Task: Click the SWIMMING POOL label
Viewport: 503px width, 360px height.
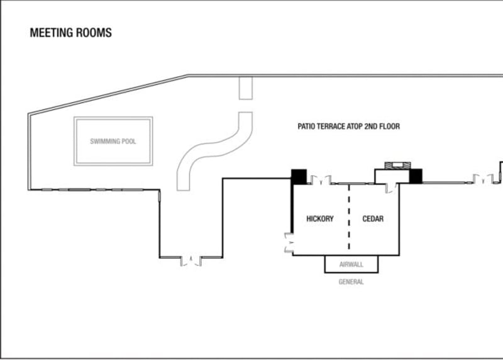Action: point(113,142)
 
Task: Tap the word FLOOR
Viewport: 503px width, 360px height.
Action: point(390,127)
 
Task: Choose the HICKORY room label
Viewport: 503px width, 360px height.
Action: point(320,218)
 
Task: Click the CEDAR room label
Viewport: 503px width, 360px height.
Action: point(373,218)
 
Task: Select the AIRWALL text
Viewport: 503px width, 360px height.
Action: point(351,264)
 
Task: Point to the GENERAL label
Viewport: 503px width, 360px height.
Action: point(351,282)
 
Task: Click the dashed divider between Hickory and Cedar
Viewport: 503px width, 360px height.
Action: point(349,217)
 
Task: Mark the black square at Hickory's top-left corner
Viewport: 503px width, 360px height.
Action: point(299,177)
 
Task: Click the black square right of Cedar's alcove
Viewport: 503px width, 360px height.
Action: point(416,176)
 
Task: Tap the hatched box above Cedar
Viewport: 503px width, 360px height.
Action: point(397,166)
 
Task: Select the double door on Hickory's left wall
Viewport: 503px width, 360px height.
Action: point(289,243)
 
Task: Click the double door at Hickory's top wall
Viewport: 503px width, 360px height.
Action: point(321,180)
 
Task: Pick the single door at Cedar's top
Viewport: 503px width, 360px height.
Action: point(390,188)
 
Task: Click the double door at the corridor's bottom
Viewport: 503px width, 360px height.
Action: point(191,261)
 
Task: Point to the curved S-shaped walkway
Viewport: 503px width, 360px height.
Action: point(214,149)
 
